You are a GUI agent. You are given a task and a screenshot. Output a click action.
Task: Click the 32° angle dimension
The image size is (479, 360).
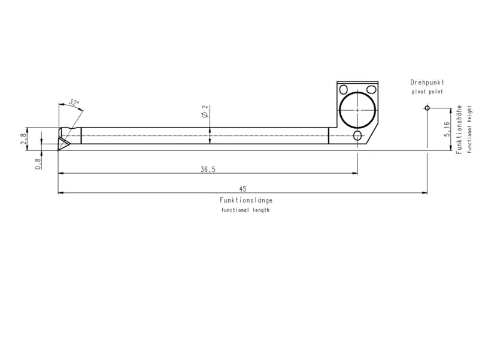74,102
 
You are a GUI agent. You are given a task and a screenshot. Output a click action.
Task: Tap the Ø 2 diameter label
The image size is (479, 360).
205,111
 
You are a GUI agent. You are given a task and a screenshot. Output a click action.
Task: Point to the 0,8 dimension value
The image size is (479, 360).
38,164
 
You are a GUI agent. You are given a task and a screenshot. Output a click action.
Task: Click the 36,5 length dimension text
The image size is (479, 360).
208,170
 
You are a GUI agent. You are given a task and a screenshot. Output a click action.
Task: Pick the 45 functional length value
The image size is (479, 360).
242,189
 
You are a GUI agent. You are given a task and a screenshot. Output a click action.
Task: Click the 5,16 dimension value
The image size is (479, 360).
447,129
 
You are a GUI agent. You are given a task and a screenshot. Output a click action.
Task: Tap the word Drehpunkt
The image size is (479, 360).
427,82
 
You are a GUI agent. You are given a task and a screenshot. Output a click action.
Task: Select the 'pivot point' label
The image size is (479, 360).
427,92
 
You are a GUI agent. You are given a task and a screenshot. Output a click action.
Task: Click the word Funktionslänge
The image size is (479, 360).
246,200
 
